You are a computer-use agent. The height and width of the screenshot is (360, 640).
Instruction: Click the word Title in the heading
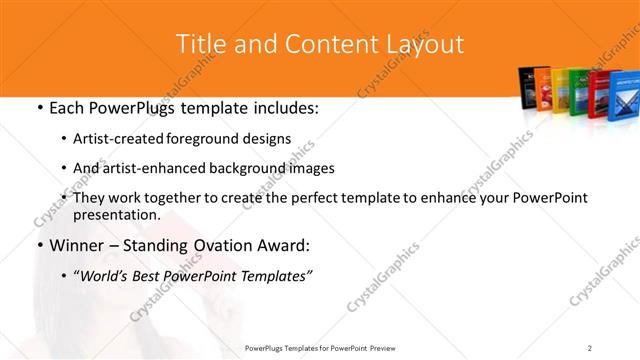pyautogui.click(x=198, y=44)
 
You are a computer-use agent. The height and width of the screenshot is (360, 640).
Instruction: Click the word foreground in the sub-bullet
pyautogui.click(x=225, y=139)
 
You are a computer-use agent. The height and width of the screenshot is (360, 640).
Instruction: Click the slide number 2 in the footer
pyautogui.click(x=589, y=347)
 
